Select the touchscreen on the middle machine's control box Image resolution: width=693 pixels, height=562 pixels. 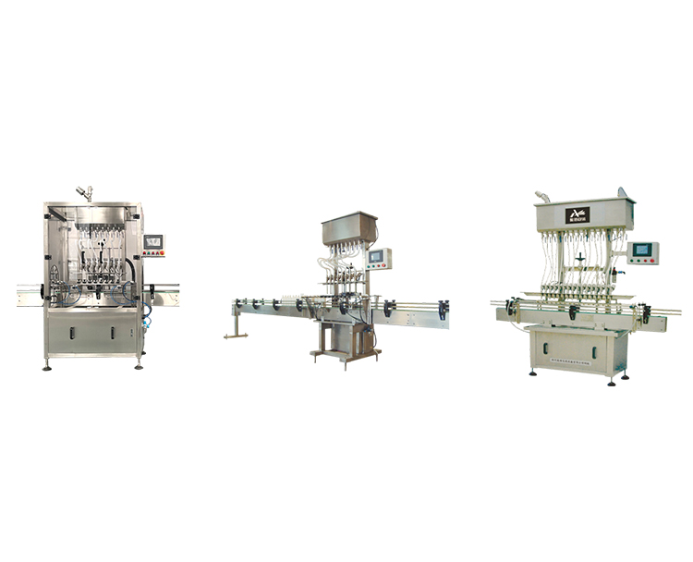click(x=376, y=256)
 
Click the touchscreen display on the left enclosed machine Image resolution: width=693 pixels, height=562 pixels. click(x=152, y=241)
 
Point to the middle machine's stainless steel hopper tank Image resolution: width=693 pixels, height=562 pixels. click(x=349, y=227)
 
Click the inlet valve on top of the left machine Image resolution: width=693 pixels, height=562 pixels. click(x=85, y=192)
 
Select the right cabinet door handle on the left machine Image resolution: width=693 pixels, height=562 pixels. click(x=113, y=331)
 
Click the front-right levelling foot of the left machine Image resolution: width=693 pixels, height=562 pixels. click(x=139, y=366)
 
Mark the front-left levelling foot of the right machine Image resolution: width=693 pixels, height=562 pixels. click(x=533, y=374)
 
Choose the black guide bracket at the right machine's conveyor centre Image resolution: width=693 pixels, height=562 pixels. click(x=574, y=312)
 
